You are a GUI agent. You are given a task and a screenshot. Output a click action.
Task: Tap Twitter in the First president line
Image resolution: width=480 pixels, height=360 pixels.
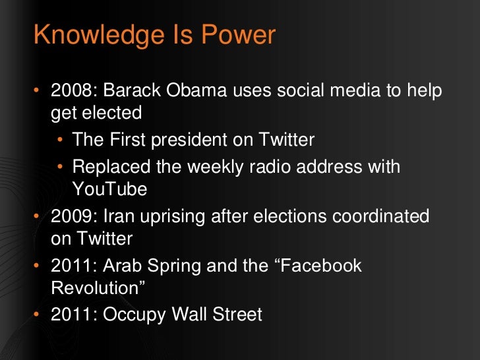pos(284,139)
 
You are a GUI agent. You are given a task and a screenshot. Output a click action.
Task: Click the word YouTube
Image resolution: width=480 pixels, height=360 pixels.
pos(109,189)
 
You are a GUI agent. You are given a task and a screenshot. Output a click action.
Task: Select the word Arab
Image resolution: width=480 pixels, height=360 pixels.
pos(127,265)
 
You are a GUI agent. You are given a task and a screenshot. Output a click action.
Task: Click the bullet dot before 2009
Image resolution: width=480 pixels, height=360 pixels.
pos(37,216)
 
